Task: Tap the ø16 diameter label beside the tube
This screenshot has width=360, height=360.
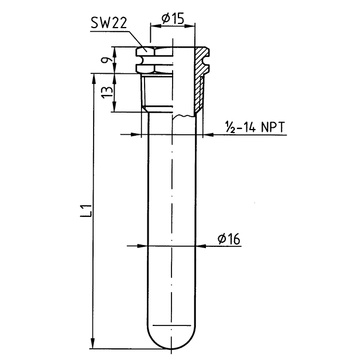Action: [x=229, y=239]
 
